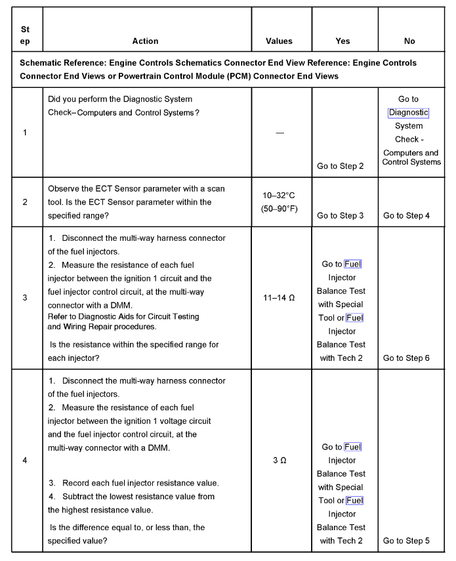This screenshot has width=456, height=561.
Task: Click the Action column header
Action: pyautogui.click(x=145, y=41)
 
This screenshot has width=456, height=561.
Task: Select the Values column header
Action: pyautogui.click(x=280, y=41)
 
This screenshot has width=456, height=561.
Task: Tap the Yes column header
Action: pyautogui.click(x=342, y=41)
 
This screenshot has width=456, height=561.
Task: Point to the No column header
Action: pyautogui.click(x=409, y=41)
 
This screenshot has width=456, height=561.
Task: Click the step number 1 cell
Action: pyautogui.click(x=25, y=133)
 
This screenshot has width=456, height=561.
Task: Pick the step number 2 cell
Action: pyautogui.click(x=25, y=202)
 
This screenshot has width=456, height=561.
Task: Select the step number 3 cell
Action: pyautogui.click(x=25, y=298)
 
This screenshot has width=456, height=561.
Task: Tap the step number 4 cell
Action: pyautogui.click(x=25, y=461)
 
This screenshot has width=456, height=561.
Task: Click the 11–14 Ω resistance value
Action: pyautogui.click(x=280, y=298)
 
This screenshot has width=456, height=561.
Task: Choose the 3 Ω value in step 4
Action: pyautogui.click(x=280, y=461)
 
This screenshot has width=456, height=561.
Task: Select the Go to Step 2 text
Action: pyautogui.click(x=340, y=167)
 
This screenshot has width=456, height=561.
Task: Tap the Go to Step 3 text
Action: pyautogui.click(x=340, y=215)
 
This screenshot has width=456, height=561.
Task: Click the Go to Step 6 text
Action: pyautogui.click(x=407, y=358)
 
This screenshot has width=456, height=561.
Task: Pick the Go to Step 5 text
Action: pyautogui.click(x=407, y=541)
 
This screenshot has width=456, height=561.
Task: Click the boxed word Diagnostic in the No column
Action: pyautogui.click(x=408, y=112)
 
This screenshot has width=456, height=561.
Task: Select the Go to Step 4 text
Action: pyautogui.click(x=407, y=215)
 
